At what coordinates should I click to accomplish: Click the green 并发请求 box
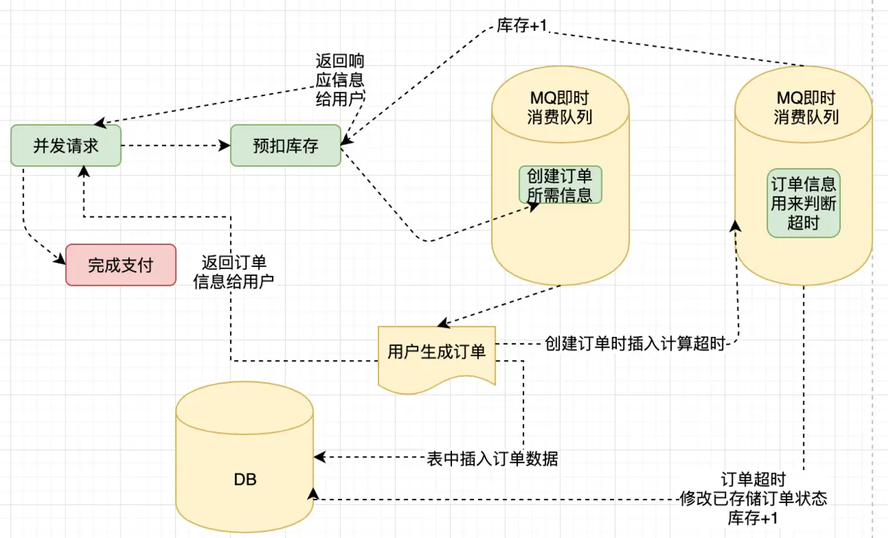pyautogui.click(x=66, y=146)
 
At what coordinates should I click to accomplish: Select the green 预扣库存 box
pyautogui.click(x=285, y=146)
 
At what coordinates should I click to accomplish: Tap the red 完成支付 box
pyautogui.click(x=121, y=265)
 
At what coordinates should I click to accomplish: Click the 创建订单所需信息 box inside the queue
pyautogui.click(x=560, y=185)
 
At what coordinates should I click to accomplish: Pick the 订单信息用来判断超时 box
pyautogui.click(x=803, y=204)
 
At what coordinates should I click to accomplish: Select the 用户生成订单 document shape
pyautogui.click(x=437, y=352)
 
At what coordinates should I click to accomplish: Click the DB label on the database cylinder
pyautogui.click(x=245, y=480)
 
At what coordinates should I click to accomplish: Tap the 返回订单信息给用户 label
pyautogui.click(x=233, y=272)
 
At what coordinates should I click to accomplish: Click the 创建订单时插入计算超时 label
pyautogui.click(x=634, y=344)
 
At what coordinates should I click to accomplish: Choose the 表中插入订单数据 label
pyautogui.click(x=493, y=459)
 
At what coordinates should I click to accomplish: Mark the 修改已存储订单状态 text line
pyautogui.click(x=753, y=499)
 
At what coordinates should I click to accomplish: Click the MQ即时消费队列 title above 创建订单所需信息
pyautogui.click(x=559, y=107)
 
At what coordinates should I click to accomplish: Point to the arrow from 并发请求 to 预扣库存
pyautogui.click(x=175, y=146)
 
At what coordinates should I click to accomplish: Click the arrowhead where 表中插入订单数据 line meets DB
pyautogui.click(x=320, y=457)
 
